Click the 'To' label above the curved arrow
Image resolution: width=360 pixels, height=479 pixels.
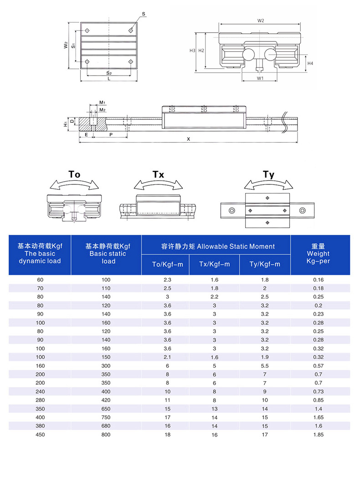pyautogui.click(x=74, y=174)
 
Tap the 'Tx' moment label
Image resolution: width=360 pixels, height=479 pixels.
pyautogui.click(x=158, y=174)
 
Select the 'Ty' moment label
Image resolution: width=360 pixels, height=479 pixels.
pyautogui.click(x=268, y=174)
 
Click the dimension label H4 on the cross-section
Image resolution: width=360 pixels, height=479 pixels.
pyautogui.click(x=310, y=63)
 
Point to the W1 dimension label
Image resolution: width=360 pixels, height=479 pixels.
pyautogui.click(x=260, y=78)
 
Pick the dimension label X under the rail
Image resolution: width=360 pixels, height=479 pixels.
pyautogui.click(x=188, y=139)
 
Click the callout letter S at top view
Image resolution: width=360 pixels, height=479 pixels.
pyautogui.click(x=144, y=15)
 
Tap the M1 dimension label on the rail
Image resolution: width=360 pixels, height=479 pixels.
pyautogui.click(x=103, y=102)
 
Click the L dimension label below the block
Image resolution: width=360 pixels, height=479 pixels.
pyautogui.click(x=108, y=79)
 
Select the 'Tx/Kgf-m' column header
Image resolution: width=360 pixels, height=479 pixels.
pyautogui.click(x=214, y=264)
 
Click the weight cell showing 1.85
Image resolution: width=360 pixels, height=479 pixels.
pyautogui.click(x=318, y=435)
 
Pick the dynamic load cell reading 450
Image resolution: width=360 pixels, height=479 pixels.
pyautogui.click(x=40, y=435)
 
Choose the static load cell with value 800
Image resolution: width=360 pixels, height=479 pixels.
pyautogui.click(x=106, y=435)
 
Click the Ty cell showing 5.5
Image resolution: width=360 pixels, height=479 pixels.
pyautogui.click(x=265, y=366)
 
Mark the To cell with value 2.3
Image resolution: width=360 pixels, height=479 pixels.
pyautogui.click(x=167, y=280)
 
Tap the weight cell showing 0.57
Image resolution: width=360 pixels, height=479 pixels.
pyautogui.click(x=318, y=366)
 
